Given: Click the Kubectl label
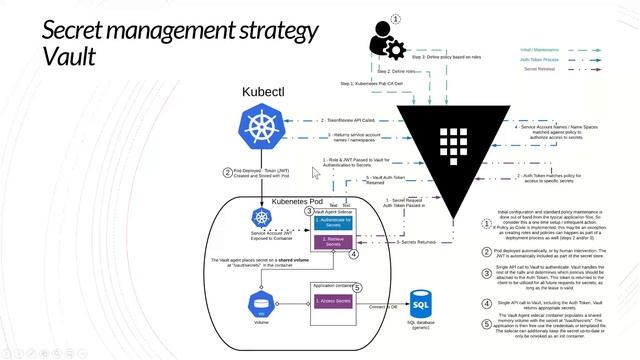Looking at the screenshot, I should pyautogui.click(x=262, y=92).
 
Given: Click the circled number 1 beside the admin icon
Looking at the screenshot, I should pyautogui.click(x=395, y=18).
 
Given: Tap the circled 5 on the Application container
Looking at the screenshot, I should pyautogui.click(x=357, y=288).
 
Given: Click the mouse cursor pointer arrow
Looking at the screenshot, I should pyautogui.click(x=317, y=174).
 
